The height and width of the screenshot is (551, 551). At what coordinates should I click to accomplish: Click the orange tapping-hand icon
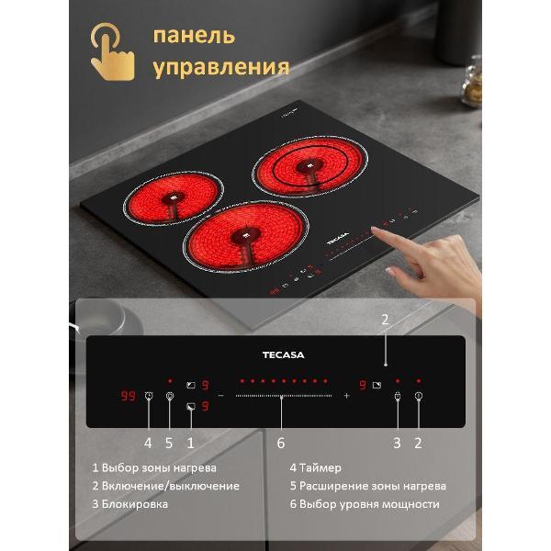click(112, 51)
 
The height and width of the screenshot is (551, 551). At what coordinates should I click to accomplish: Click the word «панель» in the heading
click(194, 36)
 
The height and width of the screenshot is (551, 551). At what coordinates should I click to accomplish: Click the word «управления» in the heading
click(221, 67)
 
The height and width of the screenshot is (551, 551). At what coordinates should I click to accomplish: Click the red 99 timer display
click(128, 396)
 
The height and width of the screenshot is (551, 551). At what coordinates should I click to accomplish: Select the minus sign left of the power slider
click(220, 396)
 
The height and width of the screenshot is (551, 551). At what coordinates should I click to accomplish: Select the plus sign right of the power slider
click(346, 396)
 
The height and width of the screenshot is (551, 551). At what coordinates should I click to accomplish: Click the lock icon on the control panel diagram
click(397, 397)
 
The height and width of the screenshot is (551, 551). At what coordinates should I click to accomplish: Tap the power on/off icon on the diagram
click(418, 397)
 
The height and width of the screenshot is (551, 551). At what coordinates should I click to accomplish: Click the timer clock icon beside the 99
click(149, 396)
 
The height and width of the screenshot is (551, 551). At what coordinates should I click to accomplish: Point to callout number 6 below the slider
click(281, 443)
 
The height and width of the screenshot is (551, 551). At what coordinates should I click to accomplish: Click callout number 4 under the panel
click(148, 443)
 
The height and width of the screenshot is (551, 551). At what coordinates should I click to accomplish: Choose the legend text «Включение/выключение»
click(170, 486)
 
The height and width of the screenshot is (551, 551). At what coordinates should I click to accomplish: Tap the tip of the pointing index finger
click(375, 231)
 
